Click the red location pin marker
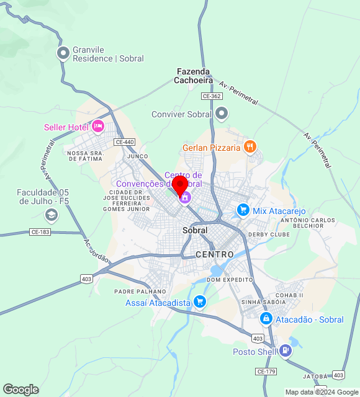click(180, 184)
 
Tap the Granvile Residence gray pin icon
click(63, 53)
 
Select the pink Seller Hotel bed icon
click(97, 127)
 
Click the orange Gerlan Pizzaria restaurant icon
click(250, 147)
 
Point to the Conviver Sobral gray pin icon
click(222, 114)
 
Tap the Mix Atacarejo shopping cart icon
click(243, 211)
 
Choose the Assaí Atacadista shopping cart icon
click(200, 302)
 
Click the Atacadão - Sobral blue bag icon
click(266, 319)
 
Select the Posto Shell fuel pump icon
click(285, 351)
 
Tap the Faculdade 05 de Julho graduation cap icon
click(51, 215)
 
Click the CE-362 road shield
click(212, 96)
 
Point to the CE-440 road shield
click(124, 142)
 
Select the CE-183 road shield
click(40, 232)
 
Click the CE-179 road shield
click(266, 371)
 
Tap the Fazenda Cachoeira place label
click(193, 76)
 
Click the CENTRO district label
click(215, 254)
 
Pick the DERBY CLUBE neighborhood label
click(269, 234)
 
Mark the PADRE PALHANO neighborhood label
click(140, 291)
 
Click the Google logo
click(20, 390)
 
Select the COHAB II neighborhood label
click(289, 295)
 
